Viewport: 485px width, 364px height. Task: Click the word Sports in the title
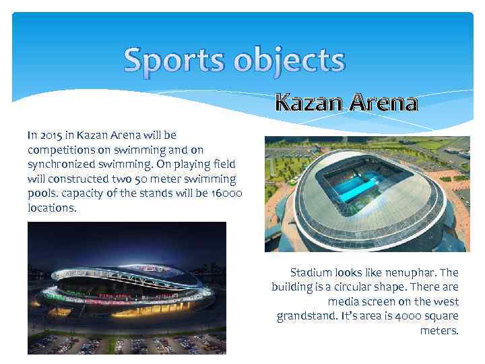[x=174, y=61]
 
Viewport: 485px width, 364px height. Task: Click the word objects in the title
[x=290, y=61]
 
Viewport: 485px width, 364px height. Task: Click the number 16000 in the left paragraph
[x=228, y=194]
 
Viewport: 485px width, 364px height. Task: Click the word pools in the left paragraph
[x=42, y=194]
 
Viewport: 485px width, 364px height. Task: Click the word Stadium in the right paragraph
[x=311, y=273]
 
